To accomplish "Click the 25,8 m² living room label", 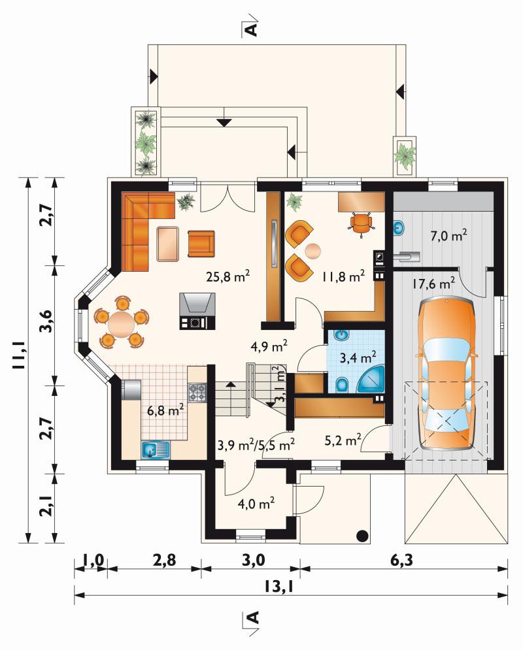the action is (x=228, y=276).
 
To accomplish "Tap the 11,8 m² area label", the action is (x=343, y=276).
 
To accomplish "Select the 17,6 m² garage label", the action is (x=433, y=284).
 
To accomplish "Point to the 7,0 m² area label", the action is (x=448, y=236).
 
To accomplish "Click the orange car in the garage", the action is (x=447, y=374).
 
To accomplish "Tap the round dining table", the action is (x=121, y=321).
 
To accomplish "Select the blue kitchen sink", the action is (x=156, y=449).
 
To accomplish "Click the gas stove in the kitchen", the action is (x=197, y=393).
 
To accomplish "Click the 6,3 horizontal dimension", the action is (x=401, y=560).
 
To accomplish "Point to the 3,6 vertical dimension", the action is (x=46, y=321).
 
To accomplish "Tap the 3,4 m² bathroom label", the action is (x=358, y=357).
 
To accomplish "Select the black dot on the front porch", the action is (x=363, y=535).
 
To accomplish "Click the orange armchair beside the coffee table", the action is (x=201, y=244).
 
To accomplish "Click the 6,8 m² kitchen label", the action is (x=165, y=410).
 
